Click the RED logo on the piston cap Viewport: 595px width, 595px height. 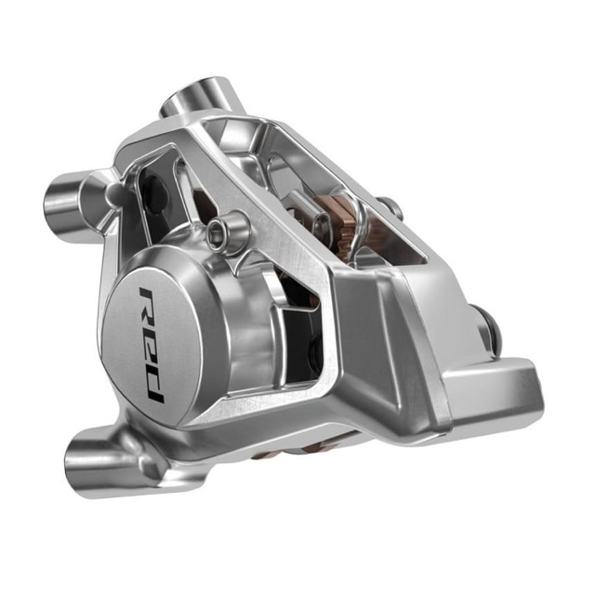151,343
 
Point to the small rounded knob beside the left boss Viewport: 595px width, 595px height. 114,192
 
